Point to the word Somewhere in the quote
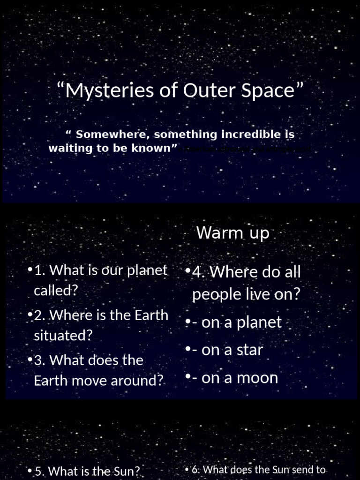coord(114,135)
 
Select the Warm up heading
coord(233,232)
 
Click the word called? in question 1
coord(55,290)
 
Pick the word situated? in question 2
coord(63,335)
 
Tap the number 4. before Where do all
coord(199,272)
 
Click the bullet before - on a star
coord(187,350)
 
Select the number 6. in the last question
coord(196,469)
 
